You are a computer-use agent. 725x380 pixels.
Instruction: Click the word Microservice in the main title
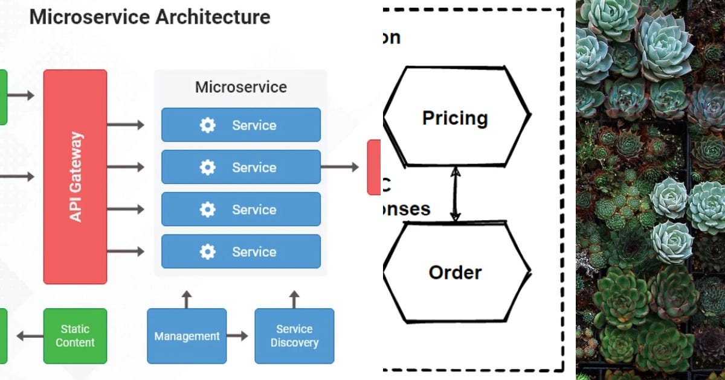(89, 16)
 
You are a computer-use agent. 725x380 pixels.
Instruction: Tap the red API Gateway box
(76, 176)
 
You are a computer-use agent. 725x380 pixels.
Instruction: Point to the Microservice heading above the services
(240, 87)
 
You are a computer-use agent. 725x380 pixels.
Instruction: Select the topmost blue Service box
(240, 125)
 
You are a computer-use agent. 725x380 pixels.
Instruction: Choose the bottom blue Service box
(240, 252)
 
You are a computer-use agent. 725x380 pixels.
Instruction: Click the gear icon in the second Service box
(207, 168)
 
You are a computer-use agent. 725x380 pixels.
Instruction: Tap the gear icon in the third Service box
(207, 210)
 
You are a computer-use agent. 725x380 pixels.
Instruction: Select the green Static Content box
(75, 336)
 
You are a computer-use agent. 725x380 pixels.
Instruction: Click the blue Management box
(187, 336)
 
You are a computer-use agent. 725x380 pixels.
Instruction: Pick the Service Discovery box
(294, 336)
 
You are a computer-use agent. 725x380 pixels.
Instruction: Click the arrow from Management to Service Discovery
(237, 336)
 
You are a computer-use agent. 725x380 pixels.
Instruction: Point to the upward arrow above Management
(187, 299)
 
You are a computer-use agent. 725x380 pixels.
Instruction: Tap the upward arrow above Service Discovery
(294, 299)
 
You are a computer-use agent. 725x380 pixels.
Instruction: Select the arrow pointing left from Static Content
(29, 336)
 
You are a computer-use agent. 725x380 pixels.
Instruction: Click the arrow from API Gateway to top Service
(126, 125)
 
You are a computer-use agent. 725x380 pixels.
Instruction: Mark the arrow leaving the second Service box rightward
(340, 167)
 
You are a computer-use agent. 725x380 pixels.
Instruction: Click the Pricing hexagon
(456, 117)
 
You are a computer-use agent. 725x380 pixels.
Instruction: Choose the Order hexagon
(456, 273)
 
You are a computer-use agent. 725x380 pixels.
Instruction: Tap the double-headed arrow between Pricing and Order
(456, 194)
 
